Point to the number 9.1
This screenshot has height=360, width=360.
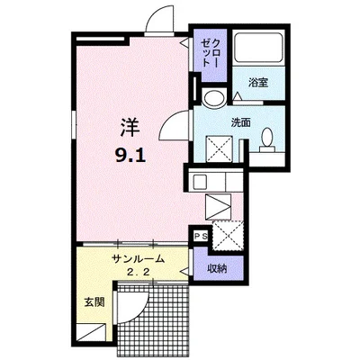tap(130, 156)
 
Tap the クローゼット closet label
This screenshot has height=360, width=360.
tap(210, 53)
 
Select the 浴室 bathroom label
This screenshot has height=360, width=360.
tap(258, 83)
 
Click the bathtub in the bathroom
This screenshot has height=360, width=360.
tap(258, 48)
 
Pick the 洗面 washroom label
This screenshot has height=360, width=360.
tap(240, 122)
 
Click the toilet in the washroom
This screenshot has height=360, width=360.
tap(267, 140)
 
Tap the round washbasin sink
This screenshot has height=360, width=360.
tap(213, 98)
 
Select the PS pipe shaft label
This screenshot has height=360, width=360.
tap(201, 236)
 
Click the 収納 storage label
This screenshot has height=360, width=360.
tap(217, 268)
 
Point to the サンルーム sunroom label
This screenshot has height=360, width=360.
tap(139, 258)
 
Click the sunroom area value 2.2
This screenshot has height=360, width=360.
tap(139, 273)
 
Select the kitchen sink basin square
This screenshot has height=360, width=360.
tap(200, 182)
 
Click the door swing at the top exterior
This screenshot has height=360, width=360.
tap(159, 19)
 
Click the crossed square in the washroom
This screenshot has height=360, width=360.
tap(219, 148)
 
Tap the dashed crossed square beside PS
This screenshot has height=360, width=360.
tap(227, 235)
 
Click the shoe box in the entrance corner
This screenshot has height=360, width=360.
tap(91, 334)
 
